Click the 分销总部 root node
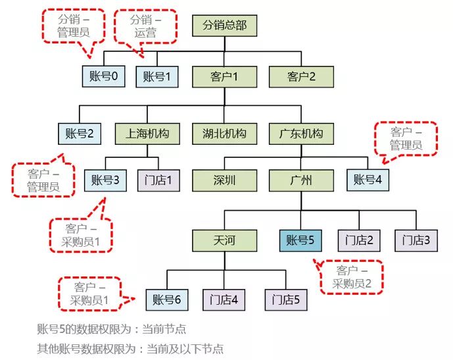(224, 26)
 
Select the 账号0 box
(105, 76)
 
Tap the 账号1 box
(157, 76)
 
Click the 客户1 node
(224, 76)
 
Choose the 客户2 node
(301, 76)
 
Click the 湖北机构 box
(224, 134)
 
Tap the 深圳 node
(224, 179)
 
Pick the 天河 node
(224, 240)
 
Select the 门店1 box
(158, 179)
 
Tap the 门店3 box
(416, 240)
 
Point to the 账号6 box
(166, 300)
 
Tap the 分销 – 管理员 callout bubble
(73, 26)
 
